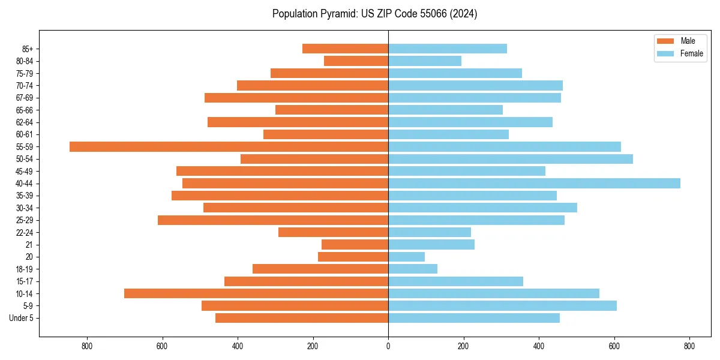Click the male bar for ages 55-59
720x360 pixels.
229,146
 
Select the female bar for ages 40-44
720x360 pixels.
534,184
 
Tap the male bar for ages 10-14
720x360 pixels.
256,293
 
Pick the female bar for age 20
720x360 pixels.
406,257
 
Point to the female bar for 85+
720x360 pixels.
448,49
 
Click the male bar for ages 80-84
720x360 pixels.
356,61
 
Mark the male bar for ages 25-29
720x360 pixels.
273,220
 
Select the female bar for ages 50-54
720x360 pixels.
511,159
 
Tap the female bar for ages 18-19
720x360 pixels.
413,269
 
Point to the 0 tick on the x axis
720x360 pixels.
388,346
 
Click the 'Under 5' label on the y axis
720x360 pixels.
21,318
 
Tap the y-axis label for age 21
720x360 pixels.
29,245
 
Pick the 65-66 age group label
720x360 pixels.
25,110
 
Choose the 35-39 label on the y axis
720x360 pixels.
25,196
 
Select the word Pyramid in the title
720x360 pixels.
337,14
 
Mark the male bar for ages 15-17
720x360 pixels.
306,281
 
